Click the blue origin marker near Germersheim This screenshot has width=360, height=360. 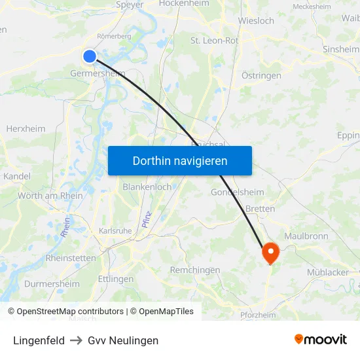90,57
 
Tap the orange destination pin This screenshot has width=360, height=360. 270,252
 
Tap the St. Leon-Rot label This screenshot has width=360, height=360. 214,41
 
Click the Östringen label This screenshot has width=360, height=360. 261,75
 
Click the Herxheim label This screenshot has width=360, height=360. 26,129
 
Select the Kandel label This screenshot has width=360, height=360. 17,176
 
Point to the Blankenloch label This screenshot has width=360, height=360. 147,187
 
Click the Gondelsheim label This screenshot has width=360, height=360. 237,192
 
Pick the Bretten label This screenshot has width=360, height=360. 260,209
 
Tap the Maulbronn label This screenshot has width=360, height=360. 306,236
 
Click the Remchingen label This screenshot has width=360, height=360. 195,270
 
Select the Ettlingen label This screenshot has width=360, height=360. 115,279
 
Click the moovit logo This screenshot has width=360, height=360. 320,340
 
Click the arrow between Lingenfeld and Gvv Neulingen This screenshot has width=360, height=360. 76,340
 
